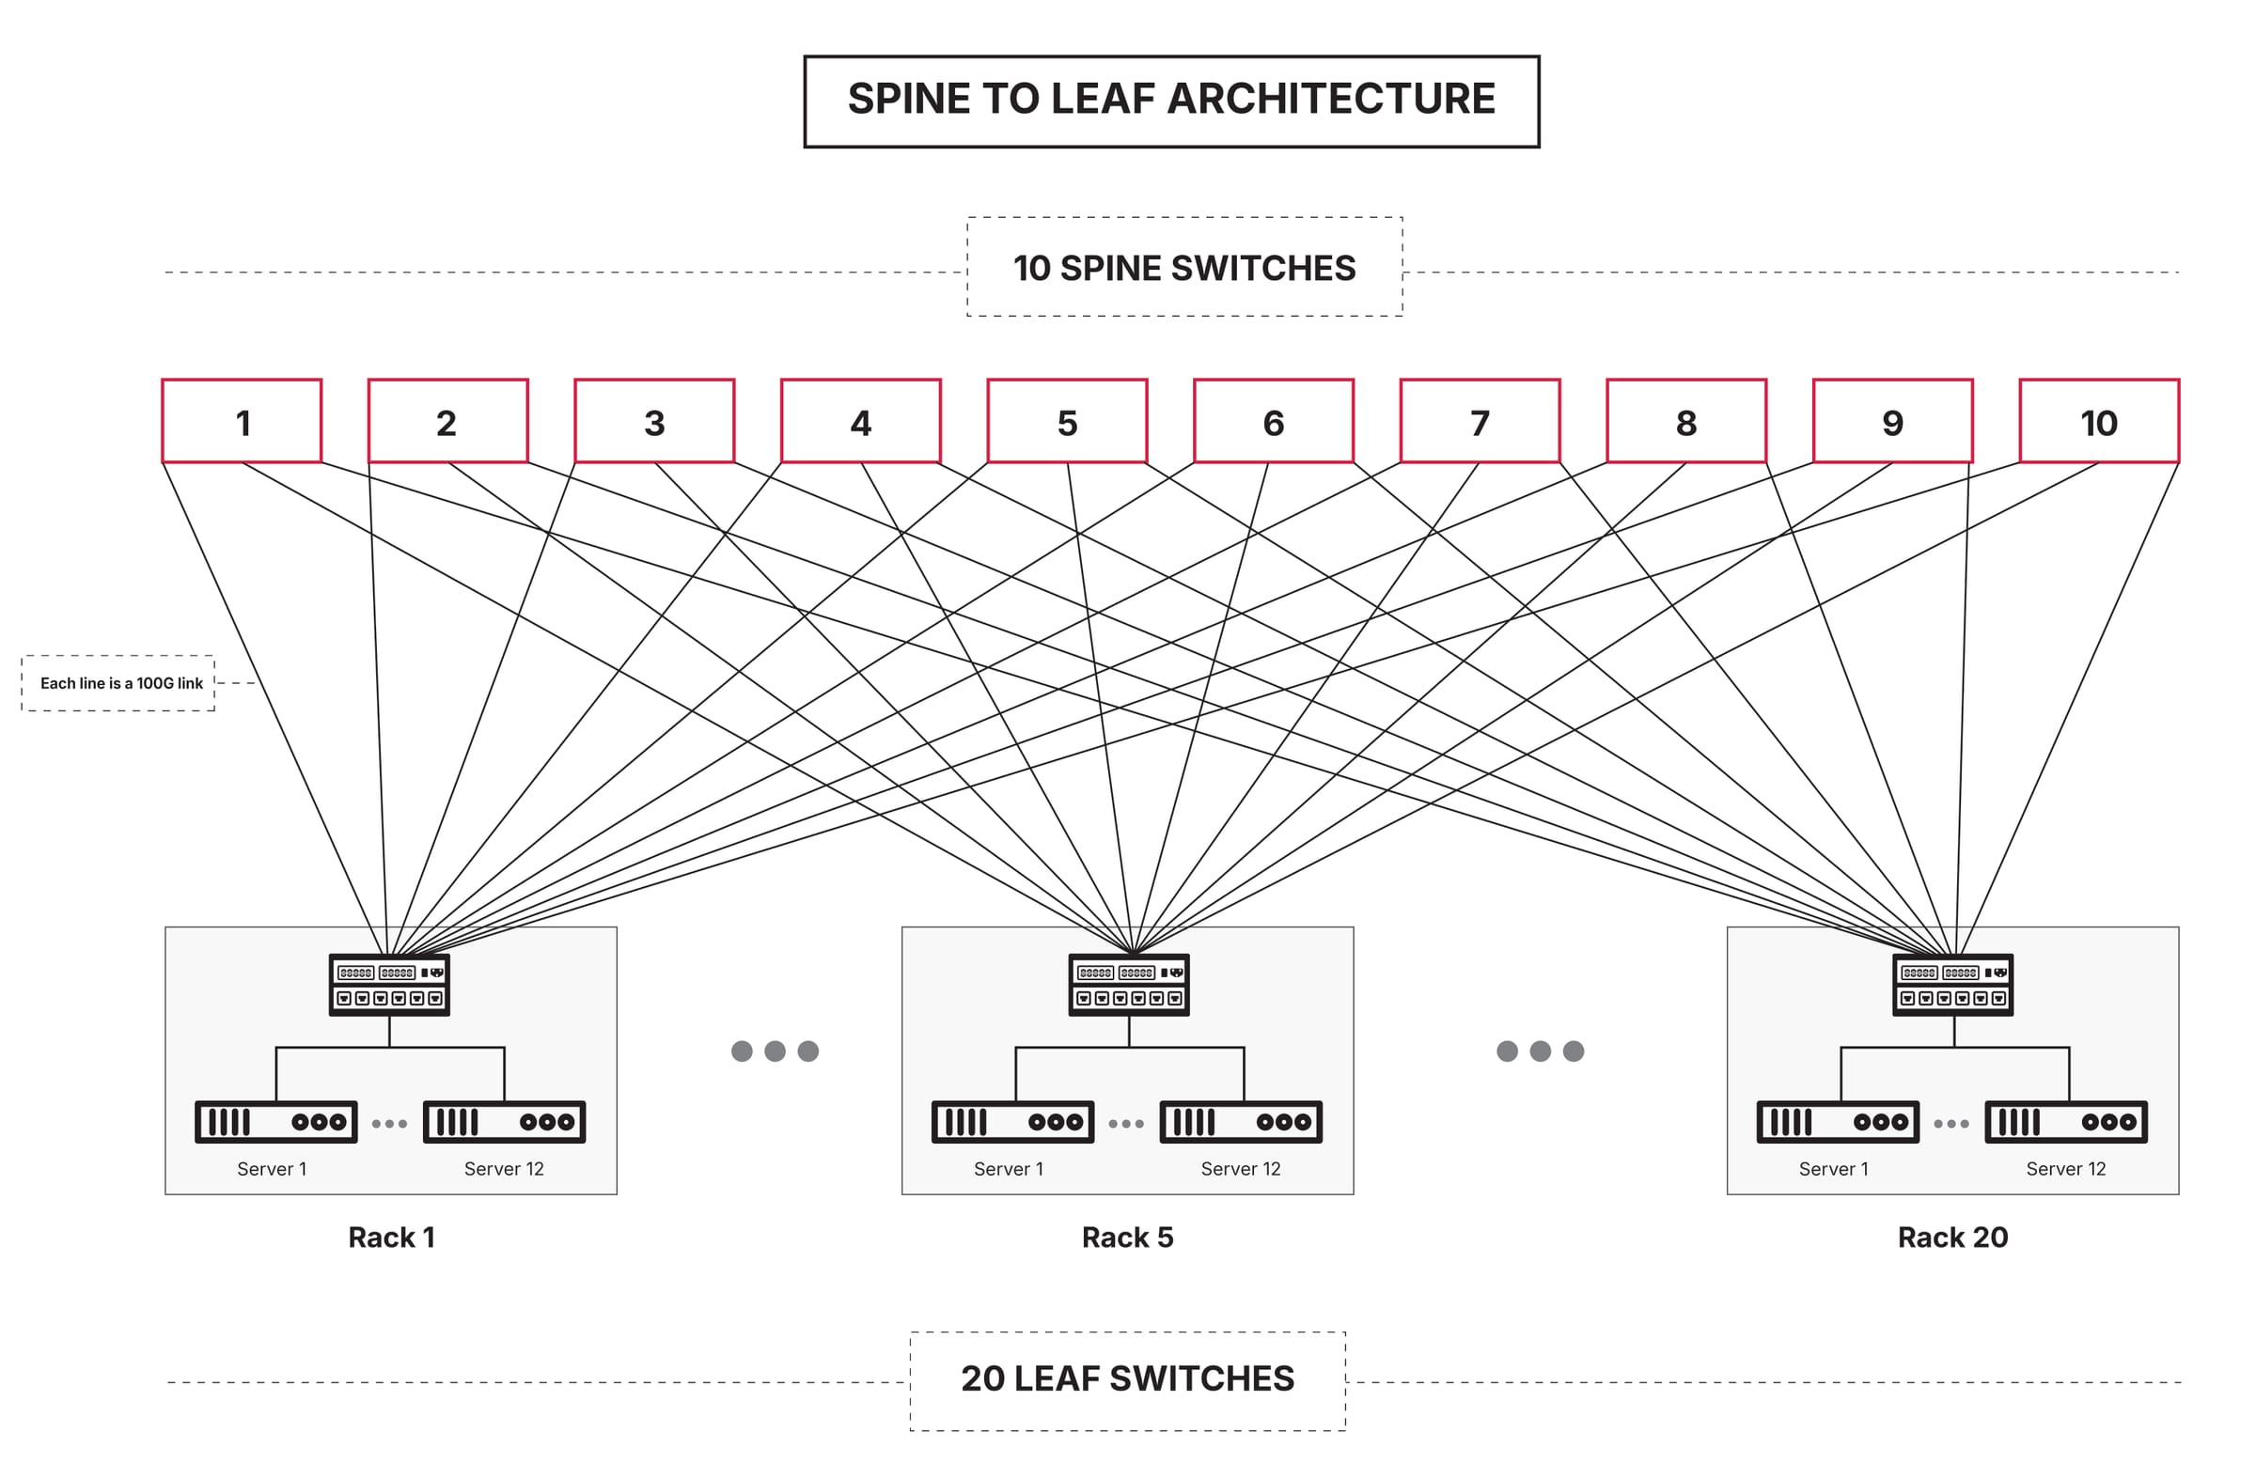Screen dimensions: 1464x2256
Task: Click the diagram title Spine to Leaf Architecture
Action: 1170,100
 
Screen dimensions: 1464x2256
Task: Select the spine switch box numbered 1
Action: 242,421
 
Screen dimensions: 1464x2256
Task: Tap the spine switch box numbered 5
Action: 1066,421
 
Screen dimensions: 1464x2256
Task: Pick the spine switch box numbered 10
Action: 2099,421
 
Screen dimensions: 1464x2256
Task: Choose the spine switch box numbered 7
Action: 1480,421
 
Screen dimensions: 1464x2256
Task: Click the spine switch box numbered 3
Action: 654,421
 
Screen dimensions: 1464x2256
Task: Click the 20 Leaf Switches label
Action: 1127,1378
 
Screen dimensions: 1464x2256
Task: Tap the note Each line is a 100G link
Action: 119,682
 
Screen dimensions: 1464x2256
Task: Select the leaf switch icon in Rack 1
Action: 388,985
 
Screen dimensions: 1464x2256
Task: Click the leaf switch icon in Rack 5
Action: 1128,985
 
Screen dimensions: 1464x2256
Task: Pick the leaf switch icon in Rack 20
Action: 1952,985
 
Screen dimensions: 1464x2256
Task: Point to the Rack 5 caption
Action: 1127,1237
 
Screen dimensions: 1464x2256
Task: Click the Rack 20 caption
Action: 1952,1237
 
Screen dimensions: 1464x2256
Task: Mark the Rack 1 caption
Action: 390,1237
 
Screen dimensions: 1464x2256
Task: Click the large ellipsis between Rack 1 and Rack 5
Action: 775,1051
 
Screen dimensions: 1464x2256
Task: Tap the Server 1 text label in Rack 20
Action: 1833,1168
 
